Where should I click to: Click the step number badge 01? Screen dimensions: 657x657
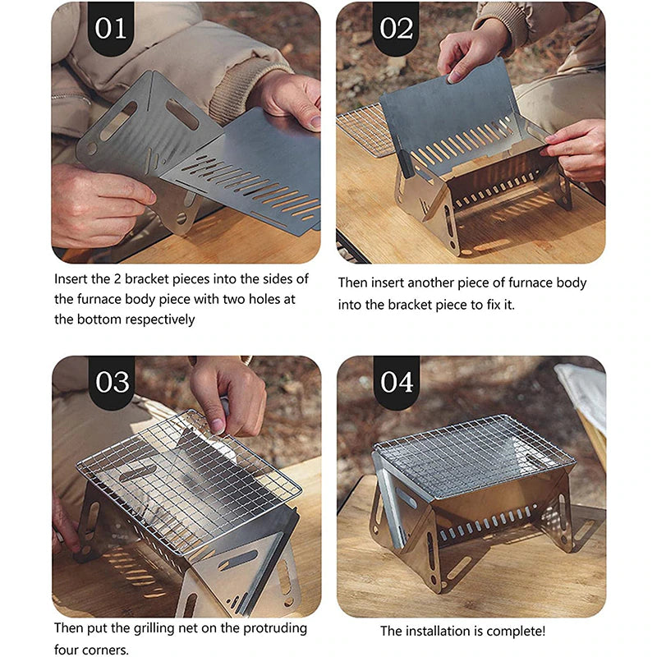111,28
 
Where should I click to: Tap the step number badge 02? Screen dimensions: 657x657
396,28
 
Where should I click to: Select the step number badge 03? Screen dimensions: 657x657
111,383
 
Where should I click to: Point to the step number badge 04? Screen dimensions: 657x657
396,383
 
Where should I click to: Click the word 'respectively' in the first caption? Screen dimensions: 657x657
156,319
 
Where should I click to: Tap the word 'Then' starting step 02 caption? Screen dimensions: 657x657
353,283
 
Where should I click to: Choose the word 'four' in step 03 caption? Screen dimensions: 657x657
70,648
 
